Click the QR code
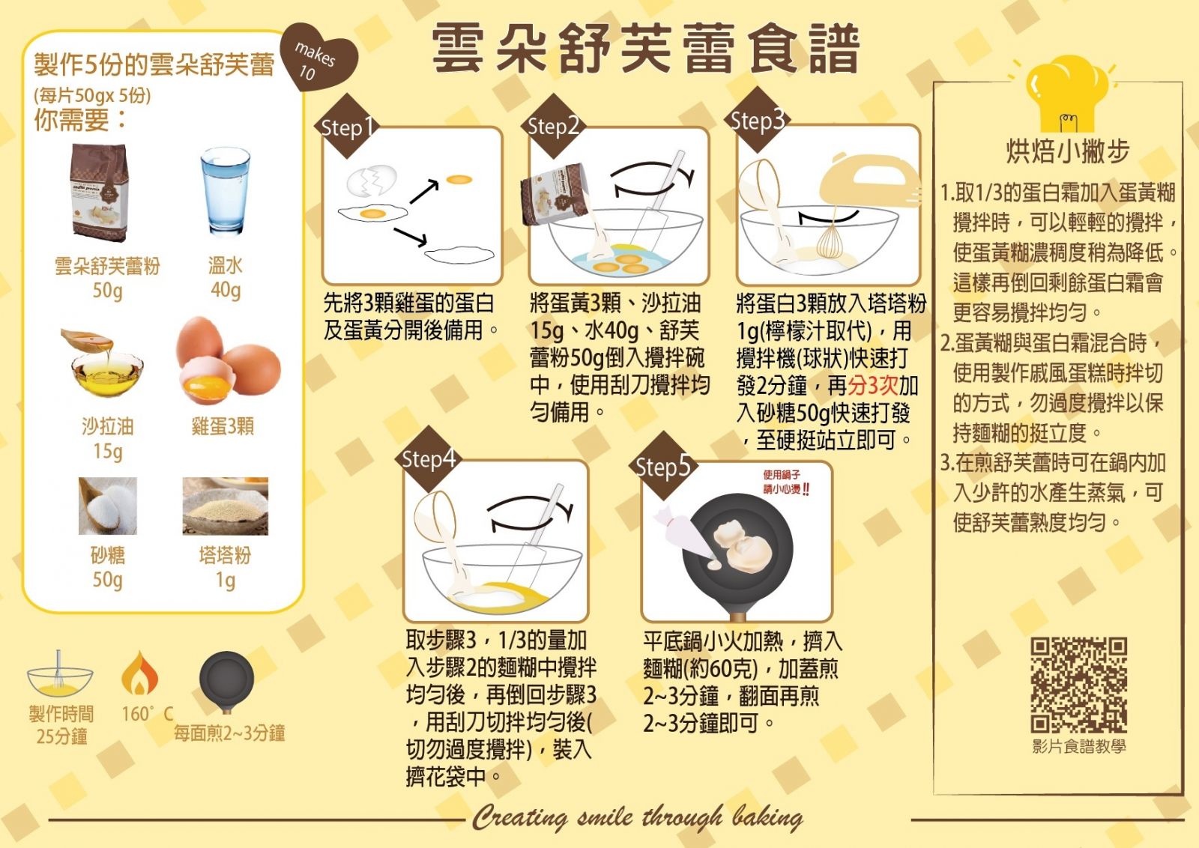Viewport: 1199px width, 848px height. click(1078, 684)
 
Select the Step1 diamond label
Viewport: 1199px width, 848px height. click(348, 127)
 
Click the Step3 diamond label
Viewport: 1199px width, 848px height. click(756, 120)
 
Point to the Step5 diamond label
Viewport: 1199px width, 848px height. click(662, 466)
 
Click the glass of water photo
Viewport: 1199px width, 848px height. click(225, 191)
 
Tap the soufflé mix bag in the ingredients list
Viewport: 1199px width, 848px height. click(100, 193)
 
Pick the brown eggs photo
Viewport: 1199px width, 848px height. click(229, 360)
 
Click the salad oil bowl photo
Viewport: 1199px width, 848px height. click(104, 362)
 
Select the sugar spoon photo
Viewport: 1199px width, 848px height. click(108, 506)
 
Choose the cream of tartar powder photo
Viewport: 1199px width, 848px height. click(226, 506)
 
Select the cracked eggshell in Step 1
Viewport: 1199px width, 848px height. click(372, 181)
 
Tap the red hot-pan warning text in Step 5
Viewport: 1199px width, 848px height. click(786, 482)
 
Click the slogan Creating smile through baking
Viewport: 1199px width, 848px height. click(637, 818)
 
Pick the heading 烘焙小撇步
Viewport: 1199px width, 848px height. click(1067, 151)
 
